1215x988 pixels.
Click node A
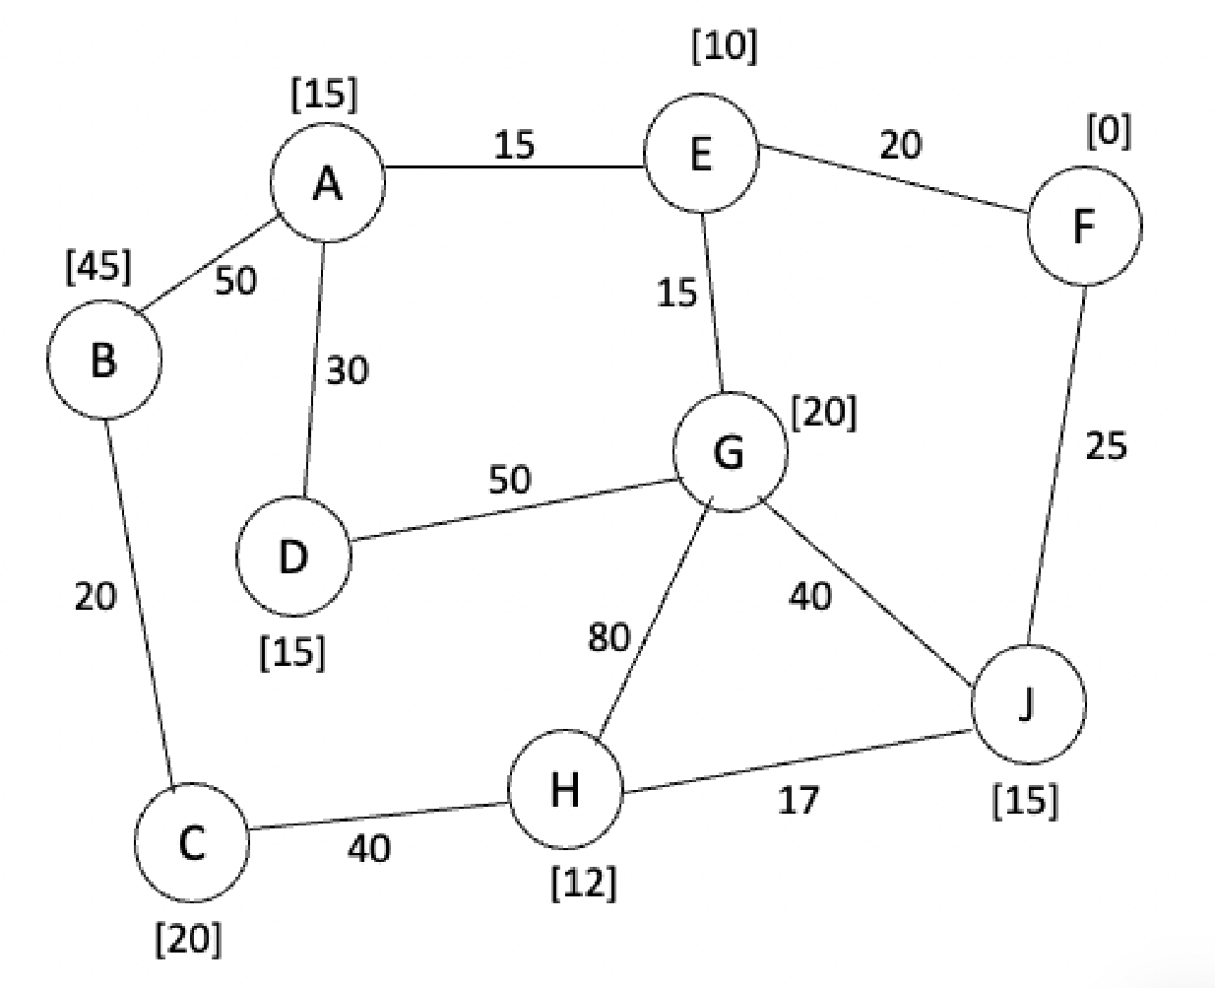[328, 184]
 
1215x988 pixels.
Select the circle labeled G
[730, 452]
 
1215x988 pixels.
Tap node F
[1084, 227]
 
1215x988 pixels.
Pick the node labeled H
[564, 789]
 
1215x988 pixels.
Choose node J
[1028, 705]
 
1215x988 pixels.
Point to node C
[192, 844]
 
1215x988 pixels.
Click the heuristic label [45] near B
[98, 267]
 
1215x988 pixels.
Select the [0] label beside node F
[1109, 131]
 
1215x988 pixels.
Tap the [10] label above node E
[725, 46]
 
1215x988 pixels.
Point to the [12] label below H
[584, 884]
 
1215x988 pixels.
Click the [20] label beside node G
[824, 412]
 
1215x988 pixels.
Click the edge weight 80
[608, 638]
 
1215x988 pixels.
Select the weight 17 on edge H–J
[798, 800]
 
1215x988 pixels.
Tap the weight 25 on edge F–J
[1106, 446]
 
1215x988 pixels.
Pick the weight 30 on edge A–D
[347, 370]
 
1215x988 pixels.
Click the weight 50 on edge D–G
[510, 480]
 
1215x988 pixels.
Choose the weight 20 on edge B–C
[96, 596]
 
